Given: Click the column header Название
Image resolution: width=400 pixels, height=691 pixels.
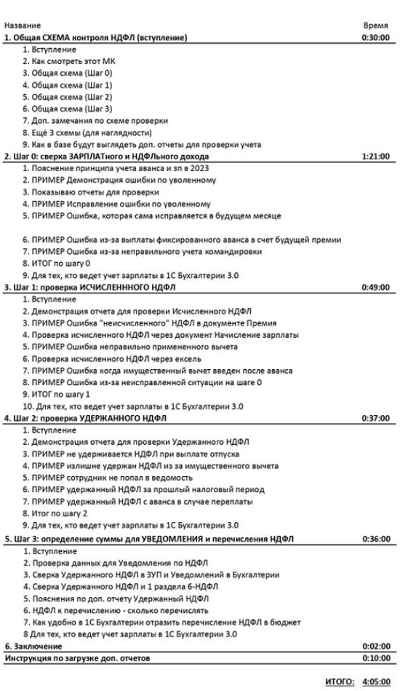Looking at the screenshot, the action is [23, 24].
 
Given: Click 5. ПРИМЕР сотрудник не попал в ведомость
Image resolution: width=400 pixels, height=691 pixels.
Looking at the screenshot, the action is [108, 478].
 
